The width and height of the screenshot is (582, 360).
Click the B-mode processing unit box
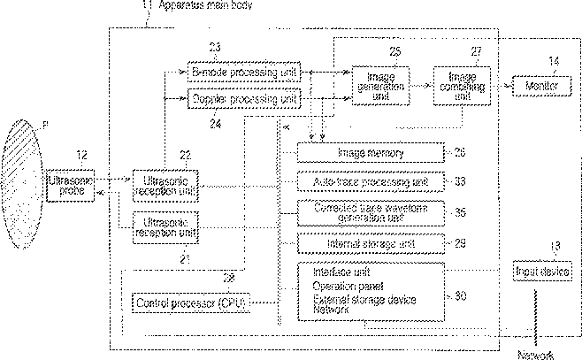(245, 71)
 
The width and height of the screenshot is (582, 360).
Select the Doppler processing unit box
(245, 101)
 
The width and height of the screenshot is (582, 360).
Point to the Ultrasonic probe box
(69, 186)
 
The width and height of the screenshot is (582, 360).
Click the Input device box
(543, 272)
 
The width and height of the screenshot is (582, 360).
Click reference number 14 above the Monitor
(553, 61)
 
